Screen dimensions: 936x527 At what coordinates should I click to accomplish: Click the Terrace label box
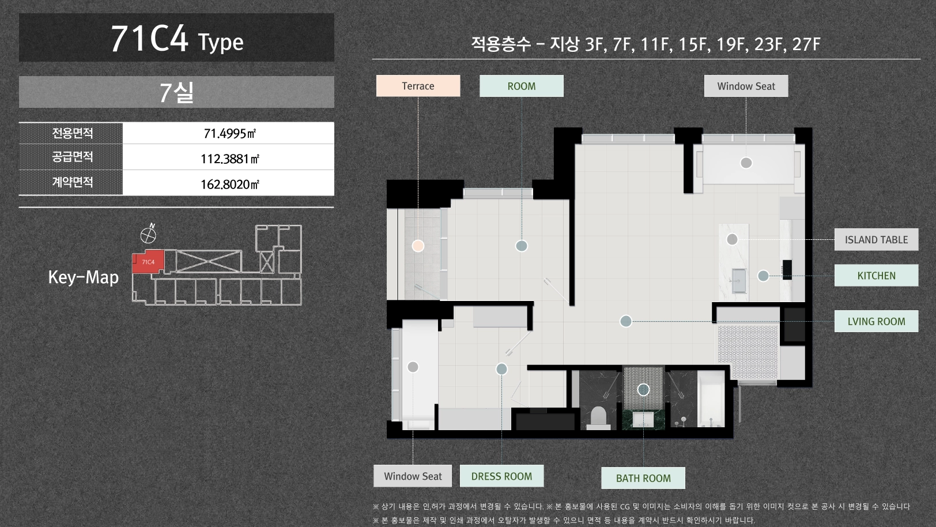tap(418, 86)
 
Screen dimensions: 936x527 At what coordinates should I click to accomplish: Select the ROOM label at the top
tap(521, 86)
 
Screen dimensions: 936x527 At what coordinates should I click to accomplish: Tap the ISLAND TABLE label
tap(876, 239)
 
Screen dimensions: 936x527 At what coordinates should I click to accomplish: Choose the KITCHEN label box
tap(876, 276)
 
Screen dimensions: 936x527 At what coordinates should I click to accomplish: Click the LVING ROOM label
tap(876, 321)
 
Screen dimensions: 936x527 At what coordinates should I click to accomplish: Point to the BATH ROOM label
tap(643, 478)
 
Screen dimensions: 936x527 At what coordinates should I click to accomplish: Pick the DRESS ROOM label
tap(501, 476)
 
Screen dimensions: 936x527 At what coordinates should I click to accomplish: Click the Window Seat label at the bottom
tap(413, 476)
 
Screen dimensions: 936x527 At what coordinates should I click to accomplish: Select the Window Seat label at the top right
tap(746, 86)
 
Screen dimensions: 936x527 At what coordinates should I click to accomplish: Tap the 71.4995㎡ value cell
tap(229, 133)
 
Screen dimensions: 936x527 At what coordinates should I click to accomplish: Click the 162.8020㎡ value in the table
tap(229, 185)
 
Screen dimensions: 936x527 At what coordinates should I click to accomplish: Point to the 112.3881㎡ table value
tap(229, 159)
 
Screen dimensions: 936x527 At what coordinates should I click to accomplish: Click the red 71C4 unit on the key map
tap(148, 262)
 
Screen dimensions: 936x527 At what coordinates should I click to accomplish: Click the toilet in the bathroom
tap(598, 418)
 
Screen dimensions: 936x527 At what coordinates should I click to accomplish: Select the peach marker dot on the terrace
tap(418, 246)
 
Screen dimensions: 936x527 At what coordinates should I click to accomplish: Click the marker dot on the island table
tap(732, 239)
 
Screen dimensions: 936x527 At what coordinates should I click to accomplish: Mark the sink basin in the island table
tap(738, 281)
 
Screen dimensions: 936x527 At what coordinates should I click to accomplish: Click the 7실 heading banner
tap(176, 92)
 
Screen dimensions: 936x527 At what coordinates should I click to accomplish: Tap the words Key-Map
tap(83, 277)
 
